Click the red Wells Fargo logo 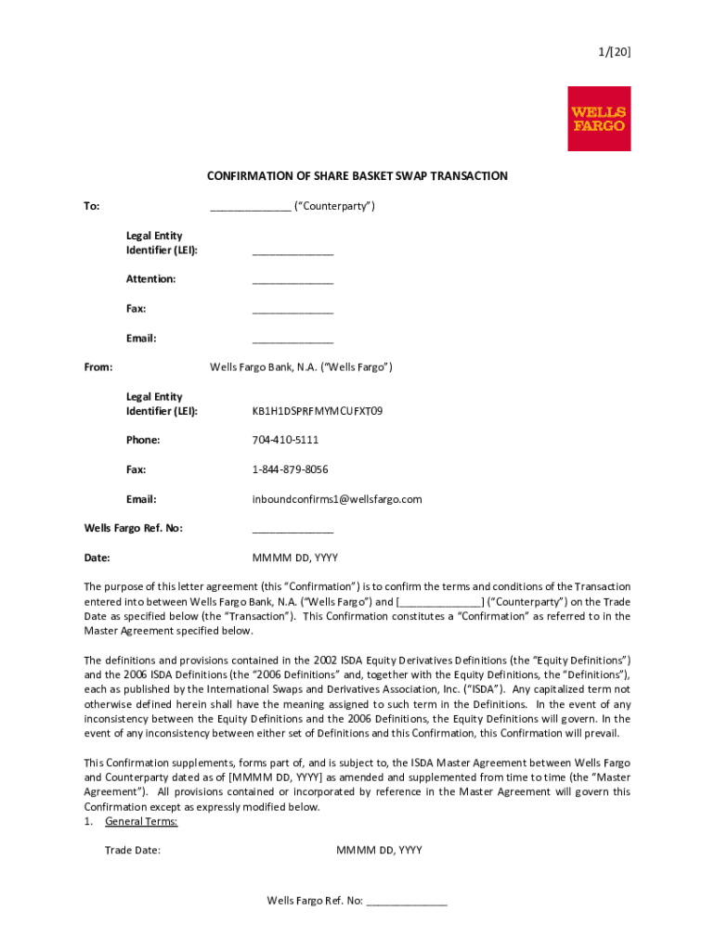(599, 119)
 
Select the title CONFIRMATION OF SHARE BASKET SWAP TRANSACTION (357, 176)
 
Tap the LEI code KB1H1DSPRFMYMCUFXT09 (318, 411)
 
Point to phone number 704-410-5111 (285, 440)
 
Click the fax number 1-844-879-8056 (290, 469)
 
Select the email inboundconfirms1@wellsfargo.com (337, 499)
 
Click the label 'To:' (92, 206)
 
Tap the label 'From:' (98, 367)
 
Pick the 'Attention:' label (151, 279)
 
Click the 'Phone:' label (143, 440)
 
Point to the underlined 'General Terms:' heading (141, 821)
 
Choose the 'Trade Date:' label (133, 850)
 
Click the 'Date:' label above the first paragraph (97, 558)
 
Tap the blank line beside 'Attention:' (292, 281)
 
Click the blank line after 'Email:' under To (292, 340)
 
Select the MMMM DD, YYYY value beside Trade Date (379, 850)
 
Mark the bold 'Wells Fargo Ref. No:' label (134, 528)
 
